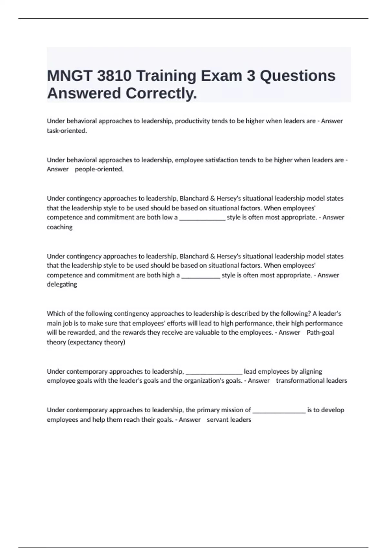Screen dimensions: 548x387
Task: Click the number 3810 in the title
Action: click(114, 76)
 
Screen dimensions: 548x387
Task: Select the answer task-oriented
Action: click(67, 131)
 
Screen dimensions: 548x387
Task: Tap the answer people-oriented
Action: click(99, 169)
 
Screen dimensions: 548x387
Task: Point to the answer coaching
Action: click(60, 227)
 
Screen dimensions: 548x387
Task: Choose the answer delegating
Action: click(62, 284)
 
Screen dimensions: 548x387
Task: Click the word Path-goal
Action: click(320, 333)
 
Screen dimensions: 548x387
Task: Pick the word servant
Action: click(218, 420)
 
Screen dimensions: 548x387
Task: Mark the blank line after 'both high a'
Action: click(201, 276)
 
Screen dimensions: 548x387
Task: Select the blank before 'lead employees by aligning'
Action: click(214, 373)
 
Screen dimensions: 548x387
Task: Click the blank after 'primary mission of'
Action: click(279, 411)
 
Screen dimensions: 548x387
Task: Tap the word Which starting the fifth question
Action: click(56, 314)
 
